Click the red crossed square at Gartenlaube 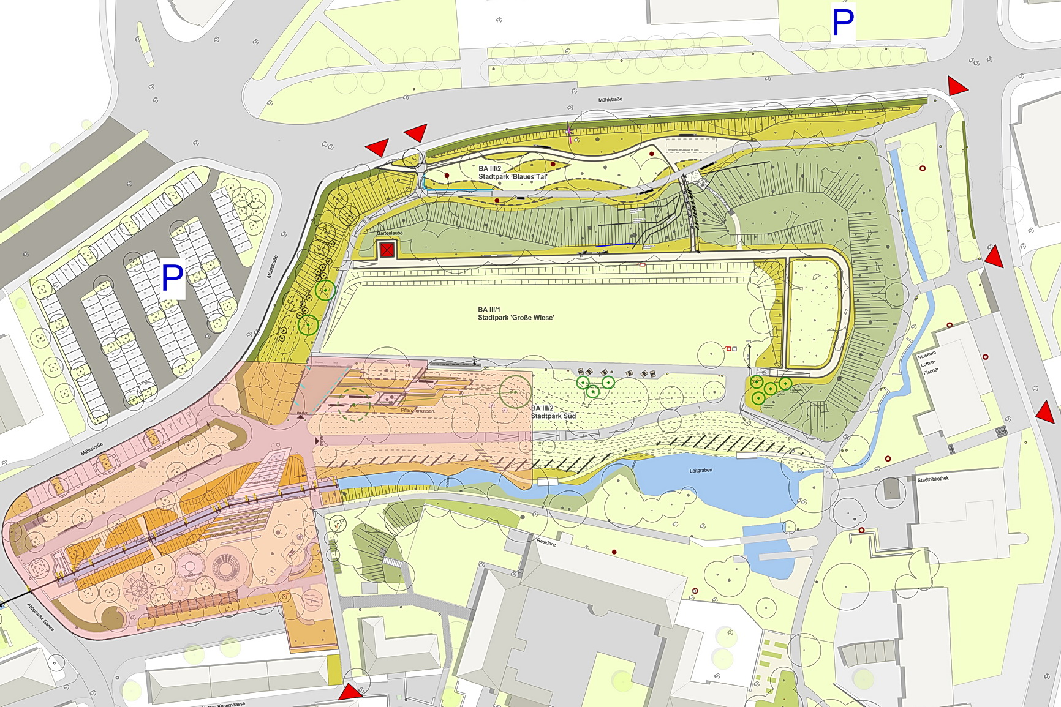coord(387,250)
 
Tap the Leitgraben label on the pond coord(701,471)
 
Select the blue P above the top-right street coord(843,23)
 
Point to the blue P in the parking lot coord(172,279)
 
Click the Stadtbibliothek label coord(933,479)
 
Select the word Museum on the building coord(926,355)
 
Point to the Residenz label coord(546,542)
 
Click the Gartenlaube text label coord(390,233)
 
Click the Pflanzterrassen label coord(418,411)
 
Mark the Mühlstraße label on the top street coord(610,99)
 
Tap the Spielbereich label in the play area coord(194,576)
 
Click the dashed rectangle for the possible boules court coord(691,146)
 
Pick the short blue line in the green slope coord(616,245)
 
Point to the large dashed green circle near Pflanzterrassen coord(355,403)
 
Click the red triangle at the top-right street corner coord(956,87)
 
